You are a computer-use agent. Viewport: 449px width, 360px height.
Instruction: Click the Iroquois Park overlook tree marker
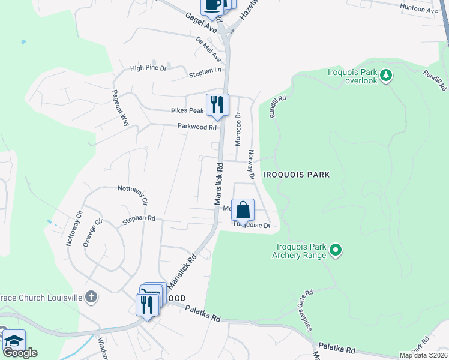[x=387, y=76]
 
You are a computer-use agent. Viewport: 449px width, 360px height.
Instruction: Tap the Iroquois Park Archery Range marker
[x=336, y=249]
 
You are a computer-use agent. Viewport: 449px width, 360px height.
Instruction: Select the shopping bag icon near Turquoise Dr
[x=243, y=211]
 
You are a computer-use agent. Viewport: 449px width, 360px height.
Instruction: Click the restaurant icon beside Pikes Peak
[x=217, y=105]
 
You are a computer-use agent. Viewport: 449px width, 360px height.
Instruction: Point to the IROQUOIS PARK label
[x=297, y=175]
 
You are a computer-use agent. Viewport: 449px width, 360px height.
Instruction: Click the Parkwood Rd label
[x=197, y=127]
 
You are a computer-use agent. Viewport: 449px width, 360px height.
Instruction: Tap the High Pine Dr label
[x=148, y=68]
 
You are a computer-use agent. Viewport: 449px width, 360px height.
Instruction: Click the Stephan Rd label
[x=139, y=220]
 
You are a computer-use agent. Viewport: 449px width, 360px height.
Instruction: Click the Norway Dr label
[x=252, y=164]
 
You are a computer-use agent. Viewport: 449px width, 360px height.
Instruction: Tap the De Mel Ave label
[x=208, y=49]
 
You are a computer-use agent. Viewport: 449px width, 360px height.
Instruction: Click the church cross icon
[x=90, y=297]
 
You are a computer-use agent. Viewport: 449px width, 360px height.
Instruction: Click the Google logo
[x=20, y=353]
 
